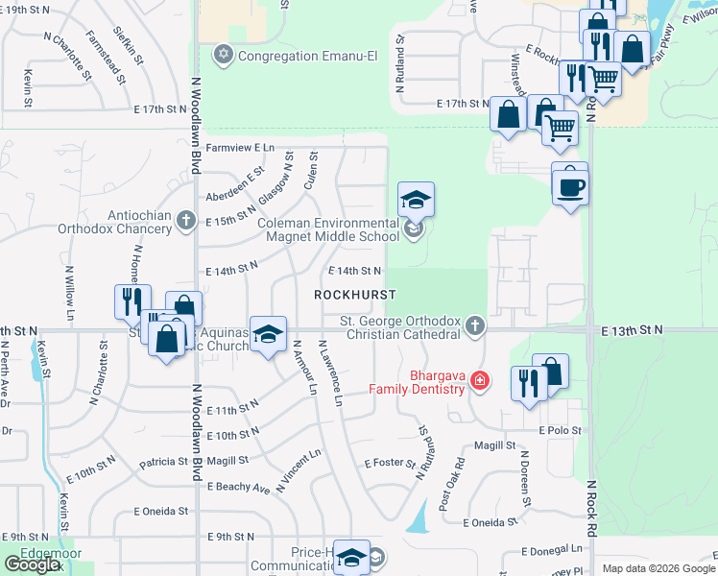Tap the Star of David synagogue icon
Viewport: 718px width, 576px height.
point(225,54)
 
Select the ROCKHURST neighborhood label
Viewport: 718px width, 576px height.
point(355,294)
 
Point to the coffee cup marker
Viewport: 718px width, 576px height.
point(570,185)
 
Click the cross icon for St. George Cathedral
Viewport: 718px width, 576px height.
point(473,327)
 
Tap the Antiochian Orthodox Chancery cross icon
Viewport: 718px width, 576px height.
point(187,222)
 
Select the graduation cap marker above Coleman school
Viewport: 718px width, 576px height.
point(416,202)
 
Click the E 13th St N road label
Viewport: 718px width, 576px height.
point(633,329)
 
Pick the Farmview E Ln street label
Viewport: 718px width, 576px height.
point(241,148)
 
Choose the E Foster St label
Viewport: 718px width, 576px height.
point(389,463)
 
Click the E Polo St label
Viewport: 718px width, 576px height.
point(561,430)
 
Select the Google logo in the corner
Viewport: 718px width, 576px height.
point(32,564)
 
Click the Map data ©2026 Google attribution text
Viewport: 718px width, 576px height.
point(658,568)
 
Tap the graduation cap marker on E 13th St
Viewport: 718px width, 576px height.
point(268,336)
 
